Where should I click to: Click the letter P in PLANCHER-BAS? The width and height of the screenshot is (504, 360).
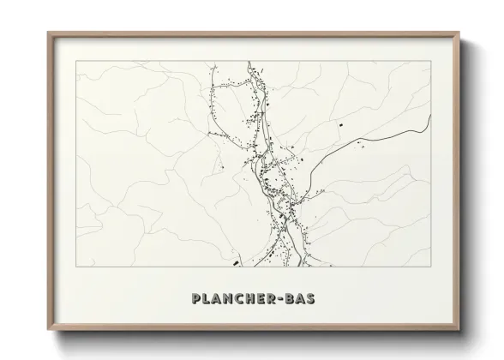coord(187,300)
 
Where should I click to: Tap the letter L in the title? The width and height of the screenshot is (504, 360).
coord(200,300)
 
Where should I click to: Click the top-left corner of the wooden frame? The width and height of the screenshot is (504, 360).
coord(48,33)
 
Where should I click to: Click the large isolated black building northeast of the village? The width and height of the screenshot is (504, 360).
coord(339,126)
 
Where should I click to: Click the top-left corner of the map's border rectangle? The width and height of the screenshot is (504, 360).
coord(76,61)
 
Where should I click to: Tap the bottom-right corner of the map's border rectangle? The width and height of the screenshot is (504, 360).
coord(429,266)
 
